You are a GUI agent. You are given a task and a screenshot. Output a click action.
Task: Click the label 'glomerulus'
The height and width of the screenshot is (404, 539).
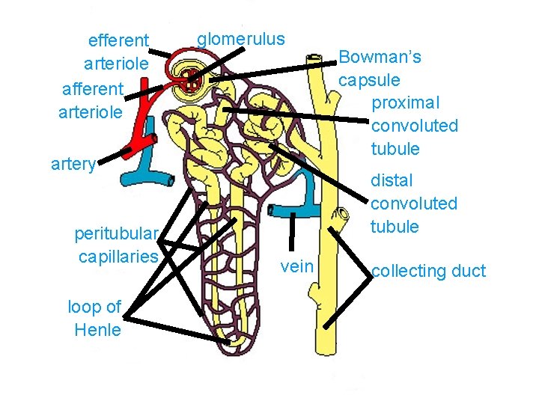point(240,38)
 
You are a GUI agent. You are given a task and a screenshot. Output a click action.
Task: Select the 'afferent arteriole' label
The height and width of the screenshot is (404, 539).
point(91,100)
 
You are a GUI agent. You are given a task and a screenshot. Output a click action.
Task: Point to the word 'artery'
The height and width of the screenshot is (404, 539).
point(73,165)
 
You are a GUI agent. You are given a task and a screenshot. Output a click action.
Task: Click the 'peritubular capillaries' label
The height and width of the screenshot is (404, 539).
point(117,245)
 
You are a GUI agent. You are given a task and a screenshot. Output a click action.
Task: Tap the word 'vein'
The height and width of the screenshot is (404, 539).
point(296,266)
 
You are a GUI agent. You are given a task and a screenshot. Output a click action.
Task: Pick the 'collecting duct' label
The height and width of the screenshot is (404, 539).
point(428,271)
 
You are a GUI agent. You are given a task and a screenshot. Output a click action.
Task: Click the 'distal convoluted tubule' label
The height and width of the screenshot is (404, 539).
point(414,203)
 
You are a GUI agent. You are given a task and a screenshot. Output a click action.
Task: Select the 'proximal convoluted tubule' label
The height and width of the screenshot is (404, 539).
point(414,125)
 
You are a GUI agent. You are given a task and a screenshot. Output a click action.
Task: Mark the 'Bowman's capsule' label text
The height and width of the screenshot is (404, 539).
point(380,68)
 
